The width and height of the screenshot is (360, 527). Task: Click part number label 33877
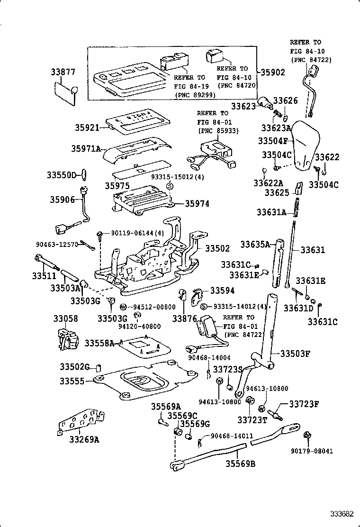[63, 72]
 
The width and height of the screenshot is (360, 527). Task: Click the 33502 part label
[217, 248]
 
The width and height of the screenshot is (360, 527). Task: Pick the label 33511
[44, 275]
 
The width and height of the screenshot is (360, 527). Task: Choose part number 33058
[65, 318]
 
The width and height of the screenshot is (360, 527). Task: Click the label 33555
[72, 381]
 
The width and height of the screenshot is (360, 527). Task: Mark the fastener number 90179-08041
[312, 451]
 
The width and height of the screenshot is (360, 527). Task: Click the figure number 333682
[342, 514]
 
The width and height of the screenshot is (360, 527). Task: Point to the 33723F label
[304, 404]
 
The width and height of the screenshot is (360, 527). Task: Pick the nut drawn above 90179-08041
[306, 435]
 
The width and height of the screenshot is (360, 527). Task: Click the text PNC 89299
[195, 94]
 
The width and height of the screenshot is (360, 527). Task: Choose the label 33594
[223, 291]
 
